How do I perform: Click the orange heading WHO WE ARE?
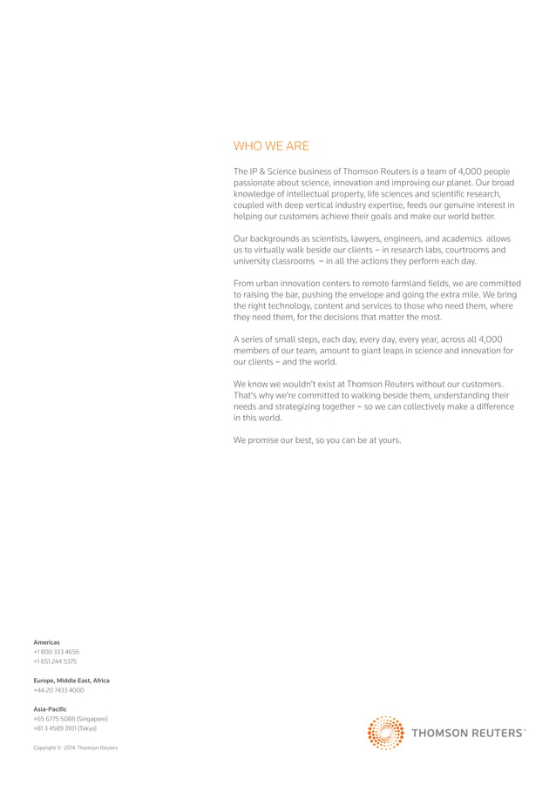point(271,146)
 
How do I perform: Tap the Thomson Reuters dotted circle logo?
point(385,733)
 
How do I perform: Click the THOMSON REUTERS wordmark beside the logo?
point(467,733)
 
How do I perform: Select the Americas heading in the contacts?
point(46,642)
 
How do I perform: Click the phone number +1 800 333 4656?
point(56,652)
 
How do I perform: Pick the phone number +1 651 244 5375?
point(55,661)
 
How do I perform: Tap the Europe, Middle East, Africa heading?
point(71,680)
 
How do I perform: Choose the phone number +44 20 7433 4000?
point(58,689)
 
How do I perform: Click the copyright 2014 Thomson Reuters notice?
point(75,748)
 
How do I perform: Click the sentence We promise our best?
point(317,439)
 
